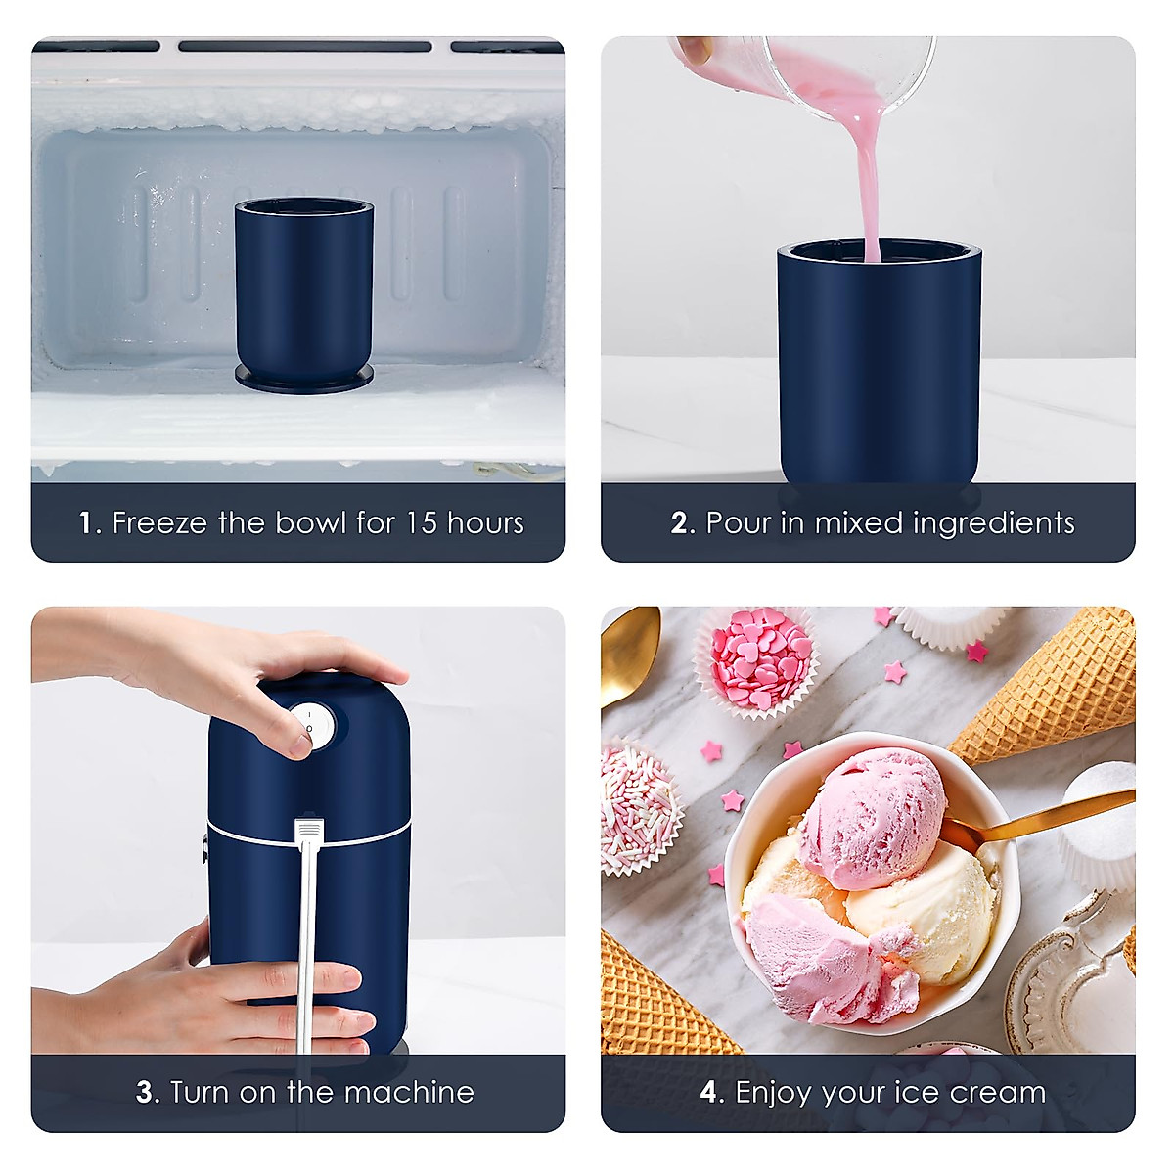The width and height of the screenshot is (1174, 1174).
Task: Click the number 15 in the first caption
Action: [421, 522]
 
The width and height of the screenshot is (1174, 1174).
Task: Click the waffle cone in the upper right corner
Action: [1066, 685]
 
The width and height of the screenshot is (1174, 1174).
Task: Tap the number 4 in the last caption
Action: [710, 1092]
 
